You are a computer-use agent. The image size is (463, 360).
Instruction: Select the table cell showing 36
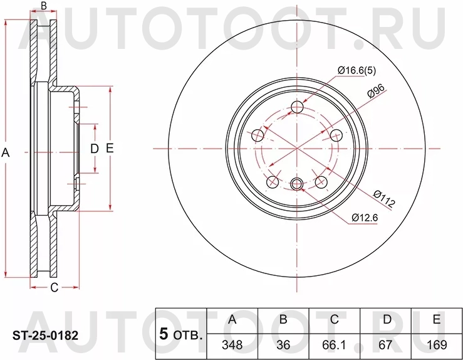283,344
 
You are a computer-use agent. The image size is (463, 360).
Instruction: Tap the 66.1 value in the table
335,344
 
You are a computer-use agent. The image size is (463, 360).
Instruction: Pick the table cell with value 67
387,344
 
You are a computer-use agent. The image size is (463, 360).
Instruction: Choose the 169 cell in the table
436,344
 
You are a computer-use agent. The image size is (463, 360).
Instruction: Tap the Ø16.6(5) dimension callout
356,70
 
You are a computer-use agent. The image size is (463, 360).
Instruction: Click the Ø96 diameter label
375,90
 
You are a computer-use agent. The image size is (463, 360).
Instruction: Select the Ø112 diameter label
383,198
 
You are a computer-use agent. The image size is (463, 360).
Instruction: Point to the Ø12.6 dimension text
367,218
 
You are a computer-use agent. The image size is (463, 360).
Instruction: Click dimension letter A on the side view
6,151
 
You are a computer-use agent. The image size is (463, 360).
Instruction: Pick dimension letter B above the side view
43,6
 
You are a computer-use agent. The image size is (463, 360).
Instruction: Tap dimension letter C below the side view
54,288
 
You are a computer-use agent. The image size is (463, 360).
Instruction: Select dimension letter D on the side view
95,149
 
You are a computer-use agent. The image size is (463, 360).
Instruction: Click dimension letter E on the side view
110,149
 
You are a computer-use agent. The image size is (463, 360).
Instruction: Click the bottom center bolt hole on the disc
297,183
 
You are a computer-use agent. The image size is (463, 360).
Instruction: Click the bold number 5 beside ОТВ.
164,334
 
